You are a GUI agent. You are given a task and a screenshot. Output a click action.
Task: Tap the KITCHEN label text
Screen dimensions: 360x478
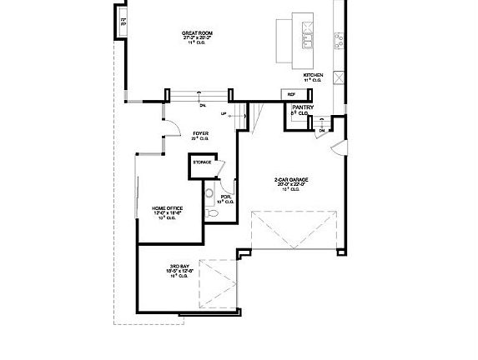point(314,75)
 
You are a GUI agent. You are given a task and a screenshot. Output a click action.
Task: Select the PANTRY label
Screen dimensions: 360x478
point(303,107)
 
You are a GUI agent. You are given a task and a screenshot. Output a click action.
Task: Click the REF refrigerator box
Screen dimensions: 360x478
point(292,94)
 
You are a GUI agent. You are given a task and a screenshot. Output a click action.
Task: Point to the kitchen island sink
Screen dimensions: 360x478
point(307,38)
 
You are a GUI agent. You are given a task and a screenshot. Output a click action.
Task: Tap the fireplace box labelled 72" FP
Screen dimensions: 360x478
point(123,22)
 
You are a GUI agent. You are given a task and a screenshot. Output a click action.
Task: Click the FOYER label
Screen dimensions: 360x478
point(201,133)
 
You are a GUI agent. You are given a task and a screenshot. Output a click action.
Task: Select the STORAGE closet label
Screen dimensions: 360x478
point(202,162)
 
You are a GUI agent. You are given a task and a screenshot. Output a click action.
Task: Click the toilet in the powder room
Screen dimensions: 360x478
point(212,214)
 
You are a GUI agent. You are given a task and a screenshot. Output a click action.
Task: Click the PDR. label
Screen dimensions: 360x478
point(225,197)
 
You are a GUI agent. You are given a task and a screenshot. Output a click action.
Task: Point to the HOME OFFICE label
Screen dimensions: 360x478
point(169,207)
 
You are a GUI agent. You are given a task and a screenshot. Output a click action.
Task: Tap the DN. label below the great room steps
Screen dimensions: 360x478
point(203,105)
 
